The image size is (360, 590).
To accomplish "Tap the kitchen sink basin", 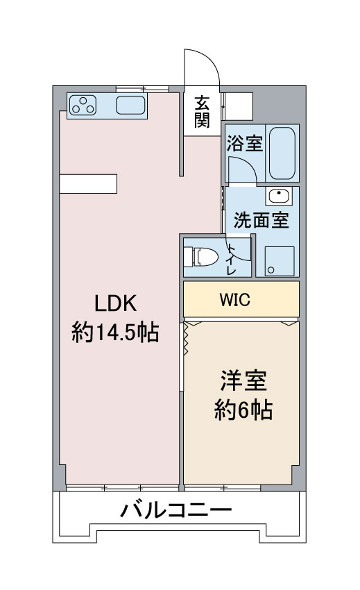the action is click(130, 106).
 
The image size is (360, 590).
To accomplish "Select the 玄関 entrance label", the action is click(202, 112).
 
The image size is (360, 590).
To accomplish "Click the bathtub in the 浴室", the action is click(282, 153).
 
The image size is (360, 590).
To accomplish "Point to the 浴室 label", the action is click(245, 143).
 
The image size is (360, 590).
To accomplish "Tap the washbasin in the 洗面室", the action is click(279, 196).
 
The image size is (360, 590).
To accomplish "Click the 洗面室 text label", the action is click(262, 220).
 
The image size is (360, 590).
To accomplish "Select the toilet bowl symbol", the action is click(201, 257).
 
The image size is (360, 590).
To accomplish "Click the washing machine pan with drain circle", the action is click(280, 261).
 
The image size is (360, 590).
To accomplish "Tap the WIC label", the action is click(234, 300).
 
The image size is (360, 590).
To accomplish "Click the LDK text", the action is click(115, 303).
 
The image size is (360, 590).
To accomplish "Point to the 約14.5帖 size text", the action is click(115, 332).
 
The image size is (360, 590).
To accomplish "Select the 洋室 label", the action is click(243, 380).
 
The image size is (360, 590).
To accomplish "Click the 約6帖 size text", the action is click(243, 410).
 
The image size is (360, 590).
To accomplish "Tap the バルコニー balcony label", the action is click(176, 510).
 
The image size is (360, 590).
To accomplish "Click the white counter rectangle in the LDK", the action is click(88, 184).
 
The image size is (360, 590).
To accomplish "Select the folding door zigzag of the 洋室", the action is click(185, 338).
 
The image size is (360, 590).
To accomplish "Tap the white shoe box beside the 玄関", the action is click(239, 106).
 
